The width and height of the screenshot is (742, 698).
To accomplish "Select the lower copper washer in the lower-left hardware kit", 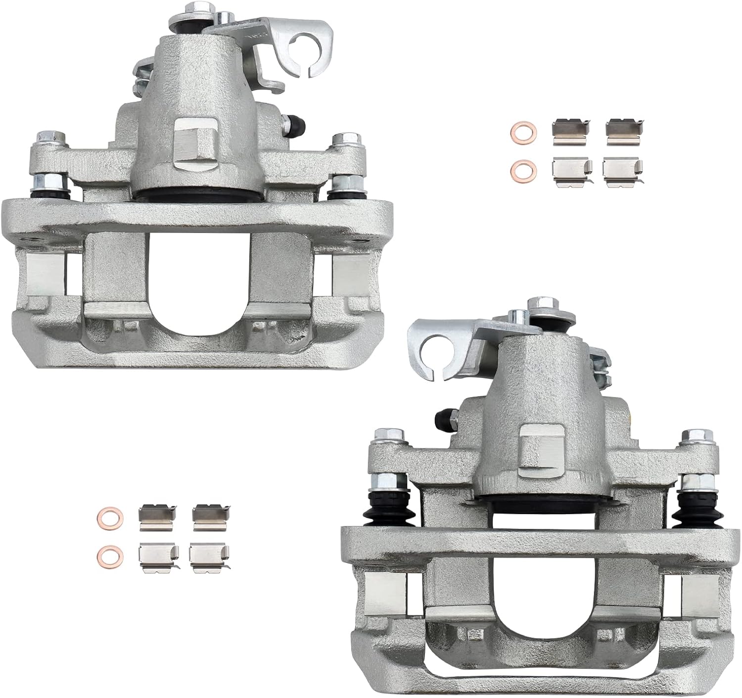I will pos(106,552).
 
